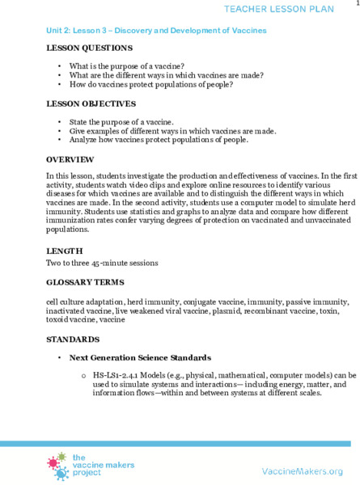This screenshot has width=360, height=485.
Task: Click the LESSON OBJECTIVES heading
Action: point(91,104)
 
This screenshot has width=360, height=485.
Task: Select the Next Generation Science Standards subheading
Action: point(140,356)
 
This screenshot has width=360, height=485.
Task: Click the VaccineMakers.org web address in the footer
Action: point(303,470)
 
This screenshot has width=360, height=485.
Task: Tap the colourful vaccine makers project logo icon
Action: point(58,466)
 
